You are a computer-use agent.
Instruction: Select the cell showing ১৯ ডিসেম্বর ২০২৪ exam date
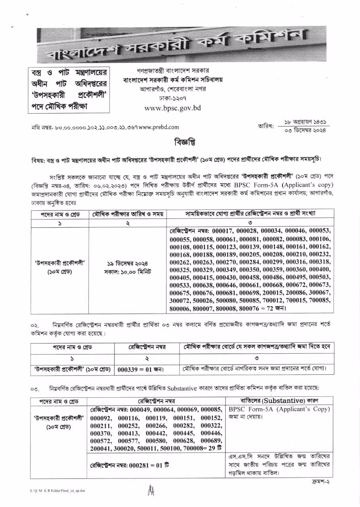[x=127, y=263]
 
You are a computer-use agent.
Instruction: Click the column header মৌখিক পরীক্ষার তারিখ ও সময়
[x=127, y=214]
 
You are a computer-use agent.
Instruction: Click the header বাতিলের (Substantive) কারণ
[x=279, y=401]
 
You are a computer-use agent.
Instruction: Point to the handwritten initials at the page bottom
[x=151, y=491]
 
